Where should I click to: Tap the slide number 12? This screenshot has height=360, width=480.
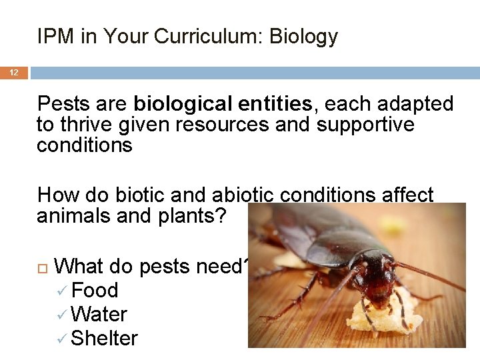pos(13,72)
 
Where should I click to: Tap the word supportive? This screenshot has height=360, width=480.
pos(365,125)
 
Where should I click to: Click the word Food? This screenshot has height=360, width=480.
pos(95,291)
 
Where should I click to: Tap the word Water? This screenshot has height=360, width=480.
pos(99,315)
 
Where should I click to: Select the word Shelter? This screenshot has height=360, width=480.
pos(104,339)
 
